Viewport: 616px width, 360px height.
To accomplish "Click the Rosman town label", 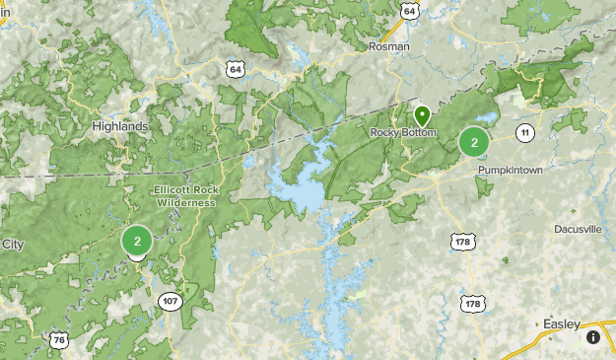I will [388, 46].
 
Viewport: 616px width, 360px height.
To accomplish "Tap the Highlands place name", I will [119, 126].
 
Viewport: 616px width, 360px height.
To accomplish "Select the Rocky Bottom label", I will [401, 132].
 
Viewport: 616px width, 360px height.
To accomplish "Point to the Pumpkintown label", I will [511, 170].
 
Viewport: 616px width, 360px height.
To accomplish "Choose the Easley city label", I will [561, 324].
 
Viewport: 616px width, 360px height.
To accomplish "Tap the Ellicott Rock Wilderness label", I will [184, 195].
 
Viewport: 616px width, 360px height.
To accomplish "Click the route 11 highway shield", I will [524, 132].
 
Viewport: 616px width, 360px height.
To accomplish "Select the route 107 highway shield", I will [171, 301].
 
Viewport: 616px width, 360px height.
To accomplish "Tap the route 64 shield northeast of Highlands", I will [235, 68].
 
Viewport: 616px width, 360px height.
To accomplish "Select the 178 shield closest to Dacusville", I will [462, 242].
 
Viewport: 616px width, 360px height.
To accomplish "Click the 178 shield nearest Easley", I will [474, 304].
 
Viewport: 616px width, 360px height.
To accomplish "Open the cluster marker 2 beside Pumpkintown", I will [474, 142].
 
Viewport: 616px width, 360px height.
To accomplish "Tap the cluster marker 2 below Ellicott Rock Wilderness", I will [137, 240].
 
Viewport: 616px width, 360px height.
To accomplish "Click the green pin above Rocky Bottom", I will [422, 115].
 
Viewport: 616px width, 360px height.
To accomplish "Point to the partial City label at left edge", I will [12, 244].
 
